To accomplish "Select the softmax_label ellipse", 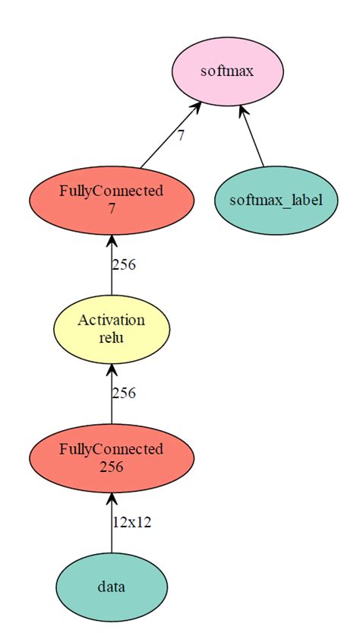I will [x=276, y=201].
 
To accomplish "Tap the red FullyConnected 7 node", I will [x=112, y=200].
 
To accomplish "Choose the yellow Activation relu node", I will [x=112, y=329].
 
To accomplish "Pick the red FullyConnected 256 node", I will [x=112, y=458].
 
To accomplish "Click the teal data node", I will [x=112, y=587].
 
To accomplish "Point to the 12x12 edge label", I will [x=132, y=523].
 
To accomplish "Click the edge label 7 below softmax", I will [x=181, y=136].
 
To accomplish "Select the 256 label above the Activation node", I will [x=124, y=264].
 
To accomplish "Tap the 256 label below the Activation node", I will [x=124, y=394].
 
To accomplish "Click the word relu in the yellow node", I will [x=112, y=337].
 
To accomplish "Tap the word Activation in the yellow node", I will [x=112, y=321].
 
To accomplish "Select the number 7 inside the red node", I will [x=112, y=208].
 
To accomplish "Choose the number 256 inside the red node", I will [x=112, y=467].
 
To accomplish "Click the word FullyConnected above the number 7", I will [x=112, y=191].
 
